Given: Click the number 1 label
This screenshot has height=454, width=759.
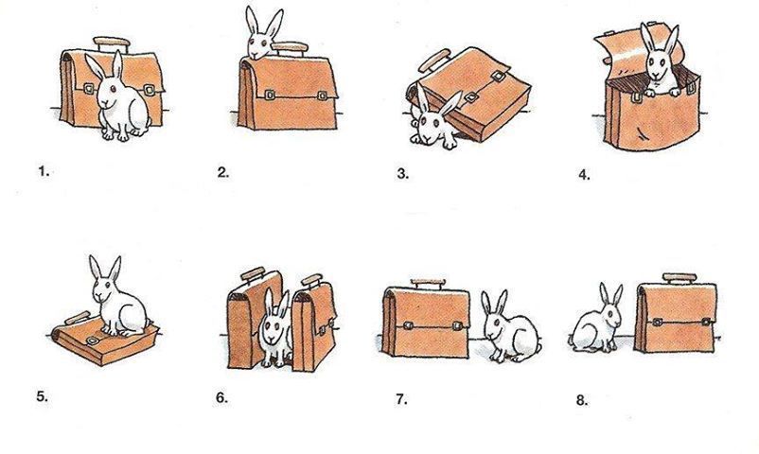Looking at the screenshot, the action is click(x=44, y=171).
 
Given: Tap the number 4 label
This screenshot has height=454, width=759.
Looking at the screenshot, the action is click(x=584, y=175).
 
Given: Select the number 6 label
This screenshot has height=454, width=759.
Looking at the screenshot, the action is click(x=221, y=398).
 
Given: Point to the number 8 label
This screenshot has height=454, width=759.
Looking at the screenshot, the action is click(x=582, y=400).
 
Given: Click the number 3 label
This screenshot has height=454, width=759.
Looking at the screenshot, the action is click(x=403, y=173).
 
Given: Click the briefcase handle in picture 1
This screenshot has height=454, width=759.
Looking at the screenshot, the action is click(x=112, y=44).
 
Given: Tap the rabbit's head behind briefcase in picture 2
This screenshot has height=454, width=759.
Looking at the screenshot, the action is click(x=262, y=34).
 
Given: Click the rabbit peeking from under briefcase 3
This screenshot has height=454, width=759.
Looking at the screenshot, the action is click(x=434, y=118).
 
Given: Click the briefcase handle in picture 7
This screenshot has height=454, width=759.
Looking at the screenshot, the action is click(x=428, y=284).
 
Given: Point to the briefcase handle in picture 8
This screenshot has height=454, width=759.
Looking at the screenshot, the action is click(x=680, y=278).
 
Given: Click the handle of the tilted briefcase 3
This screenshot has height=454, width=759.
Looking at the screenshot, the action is click(x=434, y=61).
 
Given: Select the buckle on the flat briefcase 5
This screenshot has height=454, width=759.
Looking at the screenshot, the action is click(x=92, y=341).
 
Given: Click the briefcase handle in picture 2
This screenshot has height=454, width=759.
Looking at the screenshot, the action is click(x=290, y=48).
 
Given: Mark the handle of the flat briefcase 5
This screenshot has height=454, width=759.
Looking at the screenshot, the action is click(x=78, y=318).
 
